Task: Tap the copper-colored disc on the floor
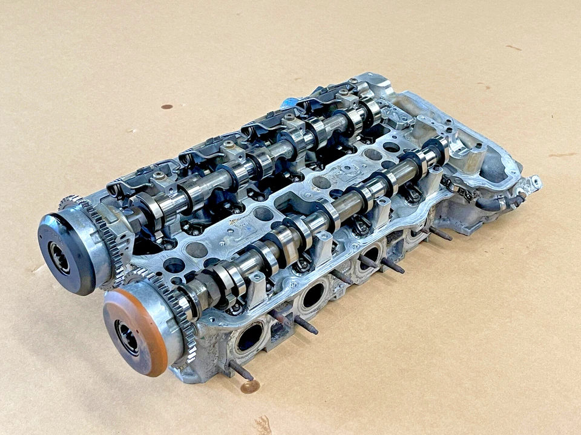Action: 249,386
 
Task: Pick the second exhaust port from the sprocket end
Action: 313,295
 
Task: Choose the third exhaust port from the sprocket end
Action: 370,257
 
